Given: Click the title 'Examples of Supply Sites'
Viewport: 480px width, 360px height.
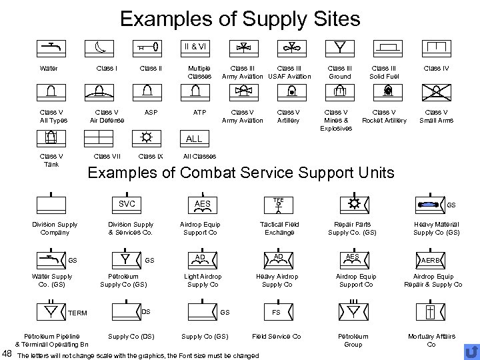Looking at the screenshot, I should tap(240, 18).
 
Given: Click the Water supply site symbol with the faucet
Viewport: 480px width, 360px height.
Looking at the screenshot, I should tap(50, 49).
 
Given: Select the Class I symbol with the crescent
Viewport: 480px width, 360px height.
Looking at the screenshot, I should tap(98, 49).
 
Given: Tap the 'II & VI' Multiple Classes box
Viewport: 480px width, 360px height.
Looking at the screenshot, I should tap(194, 49).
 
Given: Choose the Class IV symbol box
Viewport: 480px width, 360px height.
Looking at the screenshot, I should tap(436, 48).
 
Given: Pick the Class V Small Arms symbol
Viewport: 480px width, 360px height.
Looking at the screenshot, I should tap(436, 92).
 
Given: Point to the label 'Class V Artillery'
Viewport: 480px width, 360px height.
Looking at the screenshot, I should tap(289, 116).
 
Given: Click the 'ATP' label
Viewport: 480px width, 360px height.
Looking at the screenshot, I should tap(199, 112).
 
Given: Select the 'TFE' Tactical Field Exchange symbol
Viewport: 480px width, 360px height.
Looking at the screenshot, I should tap(278, 203).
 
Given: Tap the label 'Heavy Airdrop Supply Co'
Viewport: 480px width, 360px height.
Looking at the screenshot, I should tap(278, 281).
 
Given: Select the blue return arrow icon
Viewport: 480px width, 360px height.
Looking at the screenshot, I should tap(471, 351).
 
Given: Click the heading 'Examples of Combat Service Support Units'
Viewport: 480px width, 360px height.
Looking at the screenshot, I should tap(241, 173).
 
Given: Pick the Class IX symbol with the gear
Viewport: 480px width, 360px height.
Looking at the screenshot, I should tap(146, 137).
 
